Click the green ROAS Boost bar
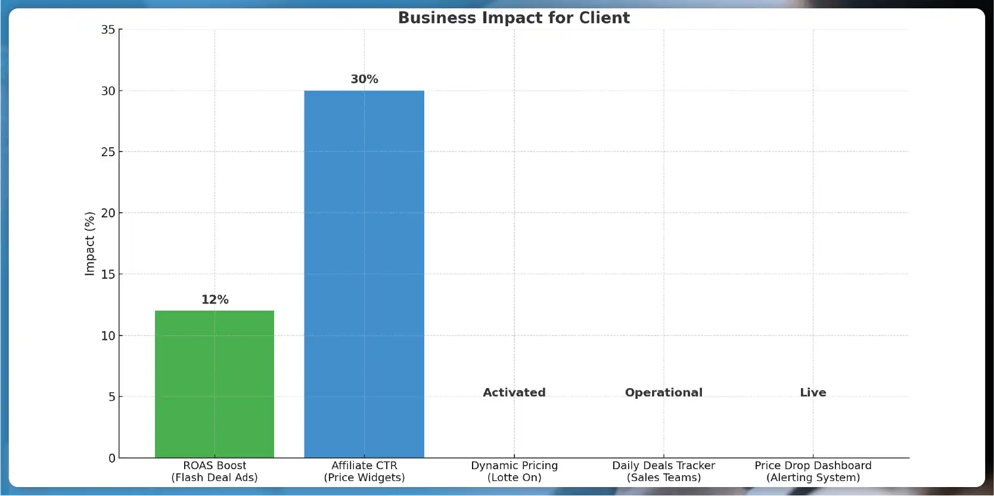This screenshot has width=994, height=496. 215,384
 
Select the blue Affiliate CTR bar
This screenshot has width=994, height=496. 364,274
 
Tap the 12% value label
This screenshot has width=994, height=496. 215,299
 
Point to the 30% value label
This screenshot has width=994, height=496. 364,79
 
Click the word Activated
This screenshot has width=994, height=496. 514,392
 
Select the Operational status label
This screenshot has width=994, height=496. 663,392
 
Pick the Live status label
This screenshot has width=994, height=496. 813,392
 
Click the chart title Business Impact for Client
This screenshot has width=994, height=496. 514,18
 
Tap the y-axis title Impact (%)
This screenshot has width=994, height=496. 90,243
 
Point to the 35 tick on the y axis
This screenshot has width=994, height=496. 108,29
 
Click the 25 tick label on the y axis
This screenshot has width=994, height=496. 108,152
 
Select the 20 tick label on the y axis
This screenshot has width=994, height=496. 108,213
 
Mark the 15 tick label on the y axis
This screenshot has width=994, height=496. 108,274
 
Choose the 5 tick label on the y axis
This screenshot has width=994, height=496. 111,396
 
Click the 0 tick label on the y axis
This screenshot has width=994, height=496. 111,458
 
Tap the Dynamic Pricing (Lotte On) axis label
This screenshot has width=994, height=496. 514,471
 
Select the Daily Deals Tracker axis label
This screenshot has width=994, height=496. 663,471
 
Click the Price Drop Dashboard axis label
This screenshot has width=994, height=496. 813,471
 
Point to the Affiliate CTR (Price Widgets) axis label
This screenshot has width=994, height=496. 364,471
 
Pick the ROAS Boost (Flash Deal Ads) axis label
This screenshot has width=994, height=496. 215,471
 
